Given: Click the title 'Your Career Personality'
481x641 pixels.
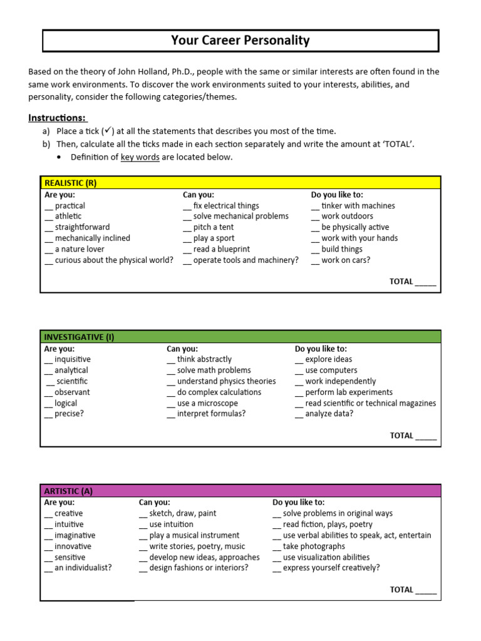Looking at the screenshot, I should (x=240, y=41).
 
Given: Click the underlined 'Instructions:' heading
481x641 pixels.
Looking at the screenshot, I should (x=58, y=118).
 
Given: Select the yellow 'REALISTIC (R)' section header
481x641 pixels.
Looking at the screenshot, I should (x=70, y=183).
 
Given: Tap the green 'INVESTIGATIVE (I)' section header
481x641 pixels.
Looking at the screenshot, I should (x=79, y=337).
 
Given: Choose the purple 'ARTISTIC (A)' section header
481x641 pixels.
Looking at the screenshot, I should (x=68, y=491).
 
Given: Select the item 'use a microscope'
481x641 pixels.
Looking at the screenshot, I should (x=207, y=403).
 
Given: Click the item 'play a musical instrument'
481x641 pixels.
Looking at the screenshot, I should (x=194, y=535).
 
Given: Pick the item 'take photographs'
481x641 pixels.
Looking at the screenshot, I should (x=314, y=546).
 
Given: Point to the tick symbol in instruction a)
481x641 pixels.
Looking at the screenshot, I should (x=107, y=130).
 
